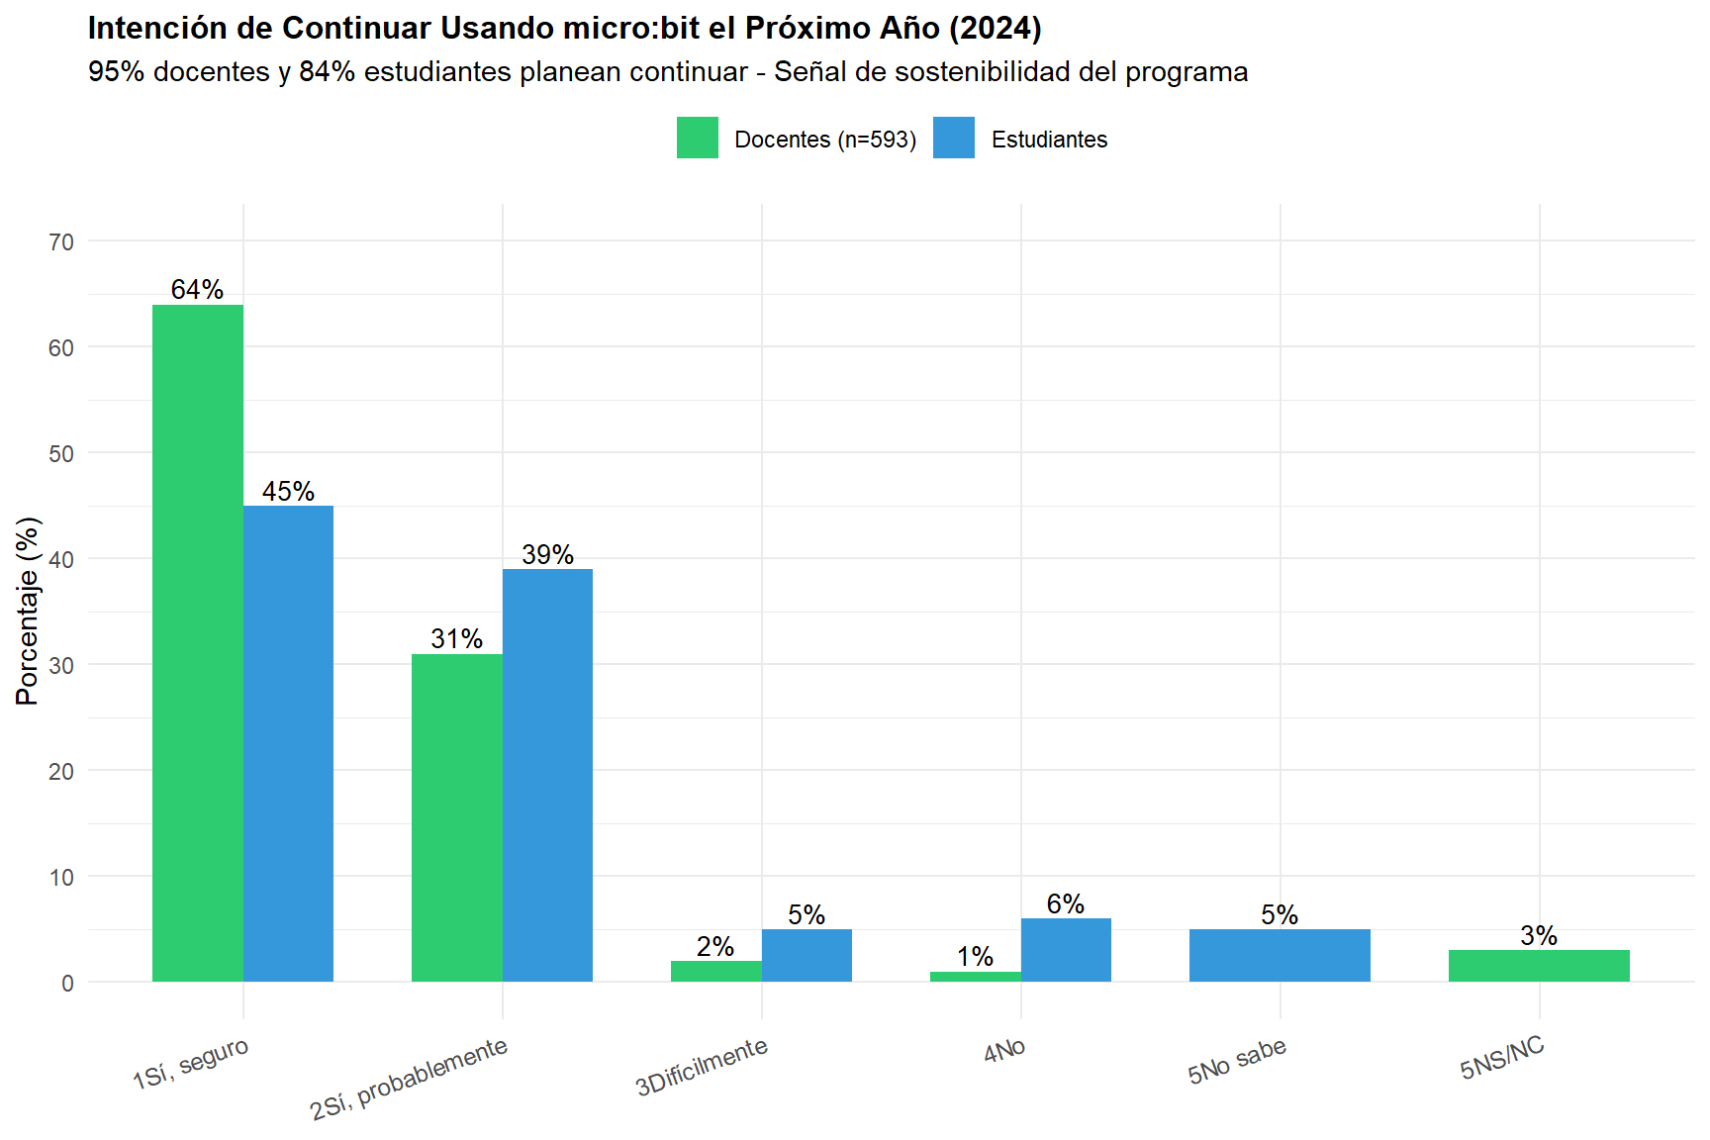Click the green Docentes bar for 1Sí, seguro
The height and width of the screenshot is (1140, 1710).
point(198,643)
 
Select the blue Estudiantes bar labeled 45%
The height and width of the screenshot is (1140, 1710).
point(288,743)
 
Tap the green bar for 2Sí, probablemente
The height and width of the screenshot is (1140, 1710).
point(456,817)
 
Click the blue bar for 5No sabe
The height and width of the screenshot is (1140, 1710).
point(1280,955)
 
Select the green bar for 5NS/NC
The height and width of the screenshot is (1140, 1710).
point(1539,966)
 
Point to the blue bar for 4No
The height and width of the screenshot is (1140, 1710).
point(1066,950)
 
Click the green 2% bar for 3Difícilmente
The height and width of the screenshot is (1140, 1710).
point(715,971)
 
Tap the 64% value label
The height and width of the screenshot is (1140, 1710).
point(197,290)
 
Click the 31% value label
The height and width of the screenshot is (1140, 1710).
point(456,639)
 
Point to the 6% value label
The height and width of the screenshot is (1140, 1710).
point(1066,903)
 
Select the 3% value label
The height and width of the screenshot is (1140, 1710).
point(1539,935)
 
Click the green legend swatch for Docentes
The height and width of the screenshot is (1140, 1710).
point(698,138)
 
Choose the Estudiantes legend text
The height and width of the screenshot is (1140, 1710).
point(1049,140)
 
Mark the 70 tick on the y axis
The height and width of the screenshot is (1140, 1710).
point(61,242)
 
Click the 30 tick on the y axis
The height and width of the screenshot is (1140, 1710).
point(61,666)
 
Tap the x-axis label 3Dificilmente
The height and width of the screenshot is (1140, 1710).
point(702,1067)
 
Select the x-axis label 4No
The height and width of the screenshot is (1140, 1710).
point(1004,1050)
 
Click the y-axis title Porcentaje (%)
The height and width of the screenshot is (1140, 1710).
point(28,611)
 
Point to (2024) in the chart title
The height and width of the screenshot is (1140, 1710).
point(995,28)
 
